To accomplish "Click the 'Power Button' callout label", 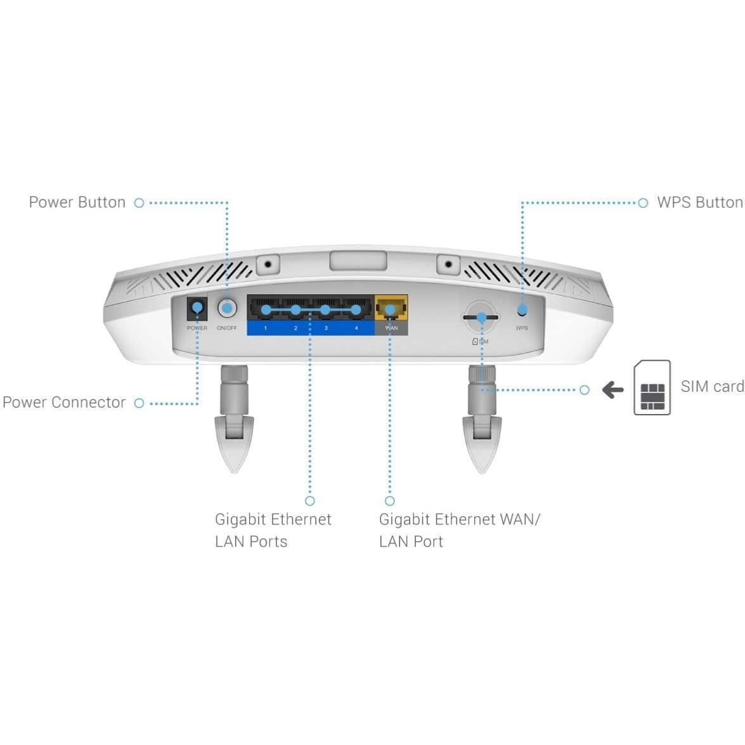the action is click(x=77, y=202).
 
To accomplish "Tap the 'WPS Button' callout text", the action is click(x=701, y=202).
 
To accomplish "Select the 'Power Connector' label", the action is click(x=64, y=403).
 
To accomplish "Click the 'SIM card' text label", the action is click(x=712, y=386).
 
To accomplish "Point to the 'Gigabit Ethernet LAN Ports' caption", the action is click(x=273, y=530).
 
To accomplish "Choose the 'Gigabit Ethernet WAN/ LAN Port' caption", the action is click(x=460, y=530).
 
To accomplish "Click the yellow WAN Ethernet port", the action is click(x=391, y=308).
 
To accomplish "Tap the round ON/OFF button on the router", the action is click(x=227, y=308).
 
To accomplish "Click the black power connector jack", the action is click(x=197, y=308).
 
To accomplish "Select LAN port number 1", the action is click(x=264, y=309).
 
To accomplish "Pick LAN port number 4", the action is click(x=356, y=309).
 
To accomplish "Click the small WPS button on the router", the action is click(x=522, y=310).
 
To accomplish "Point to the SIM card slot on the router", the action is click(x=481, y=317).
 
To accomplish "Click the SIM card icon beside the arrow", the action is click(x=652, y=387).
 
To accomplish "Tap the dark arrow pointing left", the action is click(x=613, y=390).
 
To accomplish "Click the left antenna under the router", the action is click(x=234, y=418).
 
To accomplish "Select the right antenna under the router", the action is click(x=482, y=418).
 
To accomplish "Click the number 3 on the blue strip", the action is click(x=326, y=328).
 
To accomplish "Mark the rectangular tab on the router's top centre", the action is click(x=358, y=261).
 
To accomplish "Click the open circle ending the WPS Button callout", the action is click(x=643, y=203).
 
